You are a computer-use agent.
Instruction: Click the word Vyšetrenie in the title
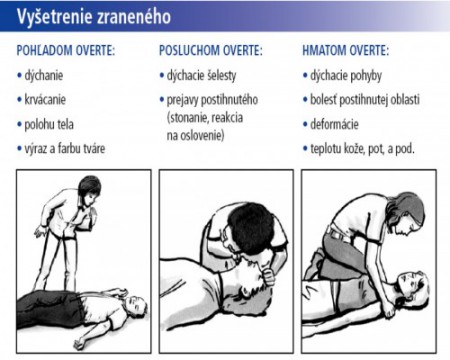54,16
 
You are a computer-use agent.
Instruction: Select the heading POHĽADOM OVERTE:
66,51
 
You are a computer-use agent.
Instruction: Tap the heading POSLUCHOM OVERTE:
211,51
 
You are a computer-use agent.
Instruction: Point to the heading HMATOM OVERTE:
345,51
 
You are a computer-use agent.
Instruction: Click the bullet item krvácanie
45,100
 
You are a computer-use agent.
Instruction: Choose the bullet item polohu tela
49,124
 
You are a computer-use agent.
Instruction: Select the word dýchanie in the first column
44,76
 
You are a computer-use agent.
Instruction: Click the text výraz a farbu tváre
65,149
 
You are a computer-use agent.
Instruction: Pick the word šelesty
221,76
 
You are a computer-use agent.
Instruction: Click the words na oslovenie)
195,136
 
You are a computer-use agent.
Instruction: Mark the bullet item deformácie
334,124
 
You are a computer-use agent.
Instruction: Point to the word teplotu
327,149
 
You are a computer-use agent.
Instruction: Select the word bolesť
323,100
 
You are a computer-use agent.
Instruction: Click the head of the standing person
89,190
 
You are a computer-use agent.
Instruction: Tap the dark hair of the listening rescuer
252,226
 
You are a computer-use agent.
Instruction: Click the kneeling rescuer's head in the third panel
406,213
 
